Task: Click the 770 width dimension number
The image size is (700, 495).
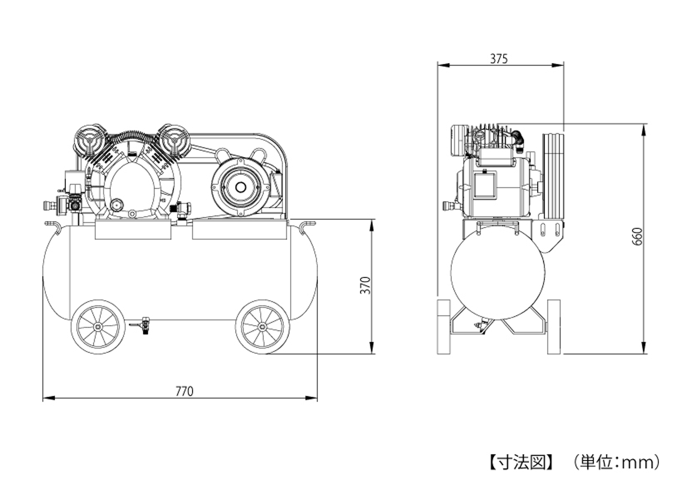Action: [184, 391]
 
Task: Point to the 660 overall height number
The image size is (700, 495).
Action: [637, 236]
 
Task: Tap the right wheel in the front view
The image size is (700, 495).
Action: [262, 327]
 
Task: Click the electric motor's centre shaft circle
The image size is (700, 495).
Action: [240, 187]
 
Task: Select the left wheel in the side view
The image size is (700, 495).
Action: [444, 327]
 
